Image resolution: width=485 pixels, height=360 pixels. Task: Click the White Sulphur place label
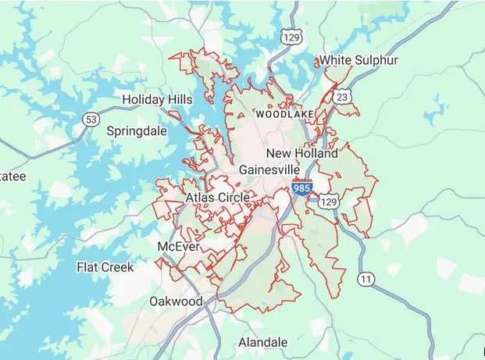[358, 60]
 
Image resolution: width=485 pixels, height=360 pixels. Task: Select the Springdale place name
[137, 130]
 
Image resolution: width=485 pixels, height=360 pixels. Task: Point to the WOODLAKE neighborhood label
[284, 115]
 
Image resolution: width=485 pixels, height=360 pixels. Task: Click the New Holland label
[301, 153]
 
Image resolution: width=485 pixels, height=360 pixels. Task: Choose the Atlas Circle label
[218, 198]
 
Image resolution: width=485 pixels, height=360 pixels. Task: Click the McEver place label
[179, 247]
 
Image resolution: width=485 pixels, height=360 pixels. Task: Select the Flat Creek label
[105, 267]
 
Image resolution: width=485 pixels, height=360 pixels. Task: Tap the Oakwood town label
[176, 301]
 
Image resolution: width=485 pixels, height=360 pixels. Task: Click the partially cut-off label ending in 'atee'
[12, 176]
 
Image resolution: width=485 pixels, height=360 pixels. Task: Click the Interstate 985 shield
[301, 188]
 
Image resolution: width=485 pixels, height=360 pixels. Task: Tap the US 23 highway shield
[344, 96]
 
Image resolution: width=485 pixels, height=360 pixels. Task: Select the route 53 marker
[91, 119]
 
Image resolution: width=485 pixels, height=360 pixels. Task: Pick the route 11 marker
[365, 278]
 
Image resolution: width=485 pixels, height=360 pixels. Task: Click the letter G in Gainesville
[244, 169]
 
